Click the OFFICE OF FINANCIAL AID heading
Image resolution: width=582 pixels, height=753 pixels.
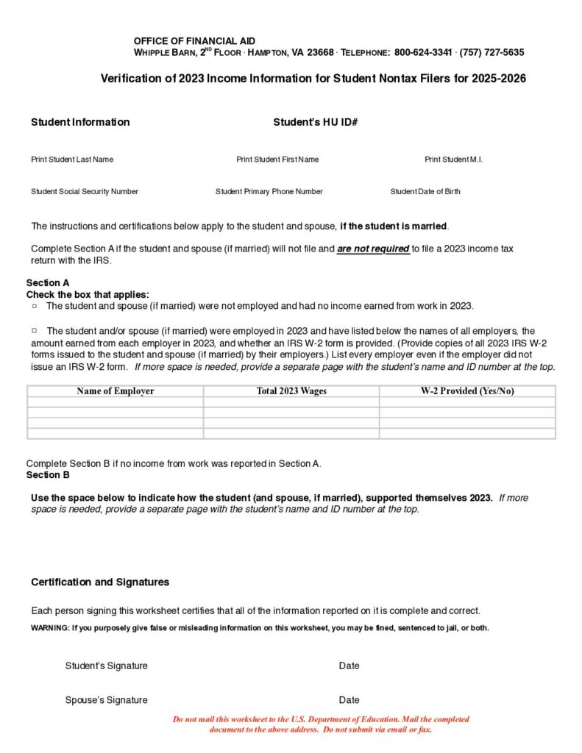194,41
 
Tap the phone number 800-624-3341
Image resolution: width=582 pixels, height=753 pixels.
422,53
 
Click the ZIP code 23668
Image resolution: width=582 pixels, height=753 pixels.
320,53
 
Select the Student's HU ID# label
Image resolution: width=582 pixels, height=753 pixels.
315,122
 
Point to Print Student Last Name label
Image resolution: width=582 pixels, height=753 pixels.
72,160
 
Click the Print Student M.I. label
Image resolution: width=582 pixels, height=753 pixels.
453,160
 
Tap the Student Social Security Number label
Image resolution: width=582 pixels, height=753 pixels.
85,192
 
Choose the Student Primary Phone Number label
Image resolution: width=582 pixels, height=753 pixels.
269,192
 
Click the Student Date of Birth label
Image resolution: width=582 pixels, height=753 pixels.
425,192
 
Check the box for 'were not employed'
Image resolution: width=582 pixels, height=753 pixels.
35,305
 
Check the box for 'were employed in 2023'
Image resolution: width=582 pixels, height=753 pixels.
35,331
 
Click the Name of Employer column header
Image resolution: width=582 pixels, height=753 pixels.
116,391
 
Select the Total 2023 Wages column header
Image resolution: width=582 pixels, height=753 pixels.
291,391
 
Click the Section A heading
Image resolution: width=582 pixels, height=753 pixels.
48,283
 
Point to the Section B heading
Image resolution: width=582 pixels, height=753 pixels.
48,475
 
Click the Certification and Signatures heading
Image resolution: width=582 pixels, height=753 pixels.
100,582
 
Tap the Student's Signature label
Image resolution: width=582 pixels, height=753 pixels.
106,666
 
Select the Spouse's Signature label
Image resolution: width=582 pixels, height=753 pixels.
106,700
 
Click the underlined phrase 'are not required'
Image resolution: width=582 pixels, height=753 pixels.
373,249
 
